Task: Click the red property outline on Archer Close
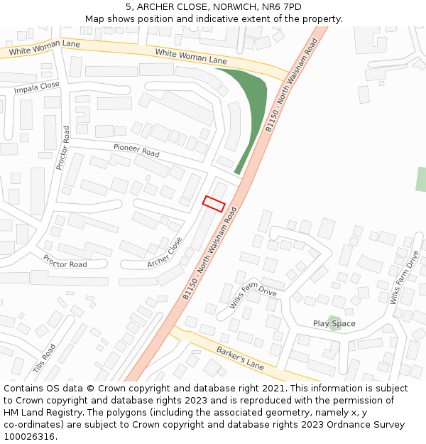pyautogui.click(x=214, y=203)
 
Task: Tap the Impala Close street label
pyautogui.click(x=37, y=87)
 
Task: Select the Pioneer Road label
pyautogui.click(x=136, y=150)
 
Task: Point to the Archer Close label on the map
pyautogui.click(x=165, y=253)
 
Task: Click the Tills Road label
pyautogui.click(x=44, y=359)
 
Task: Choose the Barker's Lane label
pyautogui.click(x=240, y=357)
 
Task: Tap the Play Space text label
pyautogui.click(x=334, y=324)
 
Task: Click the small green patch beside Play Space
pyautogui.click(x=334, y=322)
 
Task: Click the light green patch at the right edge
pyautogui.click(x=421, y=179)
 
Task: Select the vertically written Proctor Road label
pyautogui.click(x=62, y=148)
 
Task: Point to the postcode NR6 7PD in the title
pyautogui.click(x=282, y=7)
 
